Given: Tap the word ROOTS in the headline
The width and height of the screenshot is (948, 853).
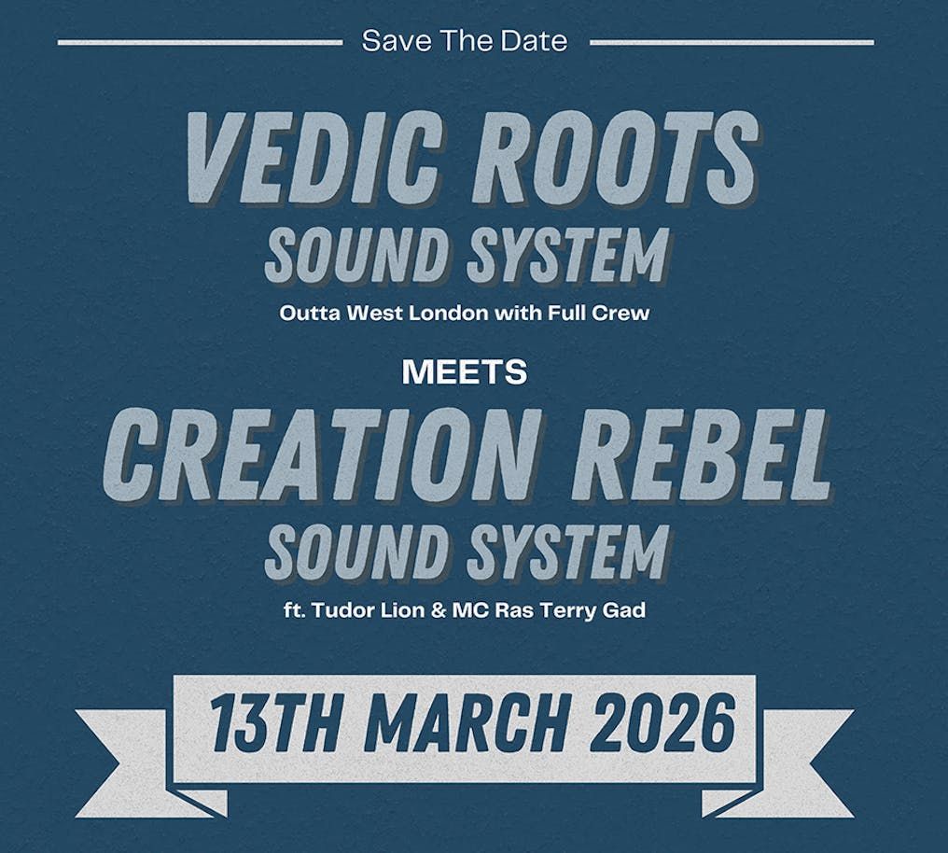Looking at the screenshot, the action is tap(616, 156).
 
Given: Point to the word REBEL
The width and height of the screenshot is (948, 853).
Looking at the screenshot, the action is tap(703, 454).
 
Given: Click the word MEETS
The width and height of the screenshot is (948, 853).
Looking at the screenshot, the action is tap(465, 372).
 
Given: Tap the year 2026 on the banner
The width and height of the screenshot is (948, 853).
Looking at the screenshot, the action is tap(663, 723).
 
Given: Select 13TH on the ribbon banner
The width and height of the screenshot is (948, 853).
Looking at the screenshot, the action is tap(274, 723).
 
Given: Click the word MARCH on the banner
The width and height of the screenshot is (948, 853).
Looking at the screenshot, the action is tap(467, 723).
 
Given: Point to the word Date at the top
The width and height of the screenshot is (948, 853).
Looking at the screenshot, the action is tap(535, 41).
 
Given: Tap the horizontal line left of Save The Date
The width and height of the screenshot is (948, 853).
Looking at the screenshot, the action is tap(200, 42).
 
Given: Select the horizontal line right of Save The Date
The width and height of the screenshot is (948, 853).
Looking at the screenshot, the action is tap(732, 42).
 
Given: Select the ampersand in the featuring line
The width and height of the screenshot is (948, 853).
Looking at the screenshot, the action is tap(438, 610).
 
